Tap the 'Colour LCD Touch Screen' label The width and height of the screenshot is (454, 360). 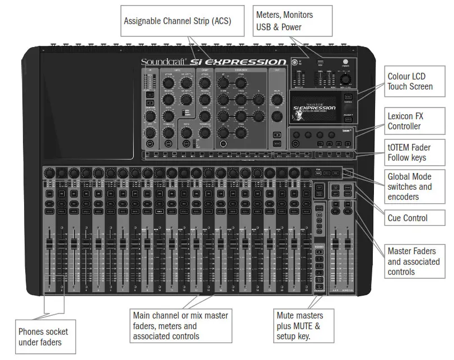coord(410,81)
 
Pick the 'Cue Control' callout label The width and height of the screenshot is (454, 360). coord(407,218)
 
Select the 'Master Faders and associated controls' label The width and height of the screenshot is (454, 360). coord(411,261)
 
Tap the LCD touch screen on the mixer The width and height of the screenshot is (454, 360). coord(314,108)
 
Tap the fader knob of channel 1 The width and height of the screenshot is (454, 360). coord(49,242)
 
